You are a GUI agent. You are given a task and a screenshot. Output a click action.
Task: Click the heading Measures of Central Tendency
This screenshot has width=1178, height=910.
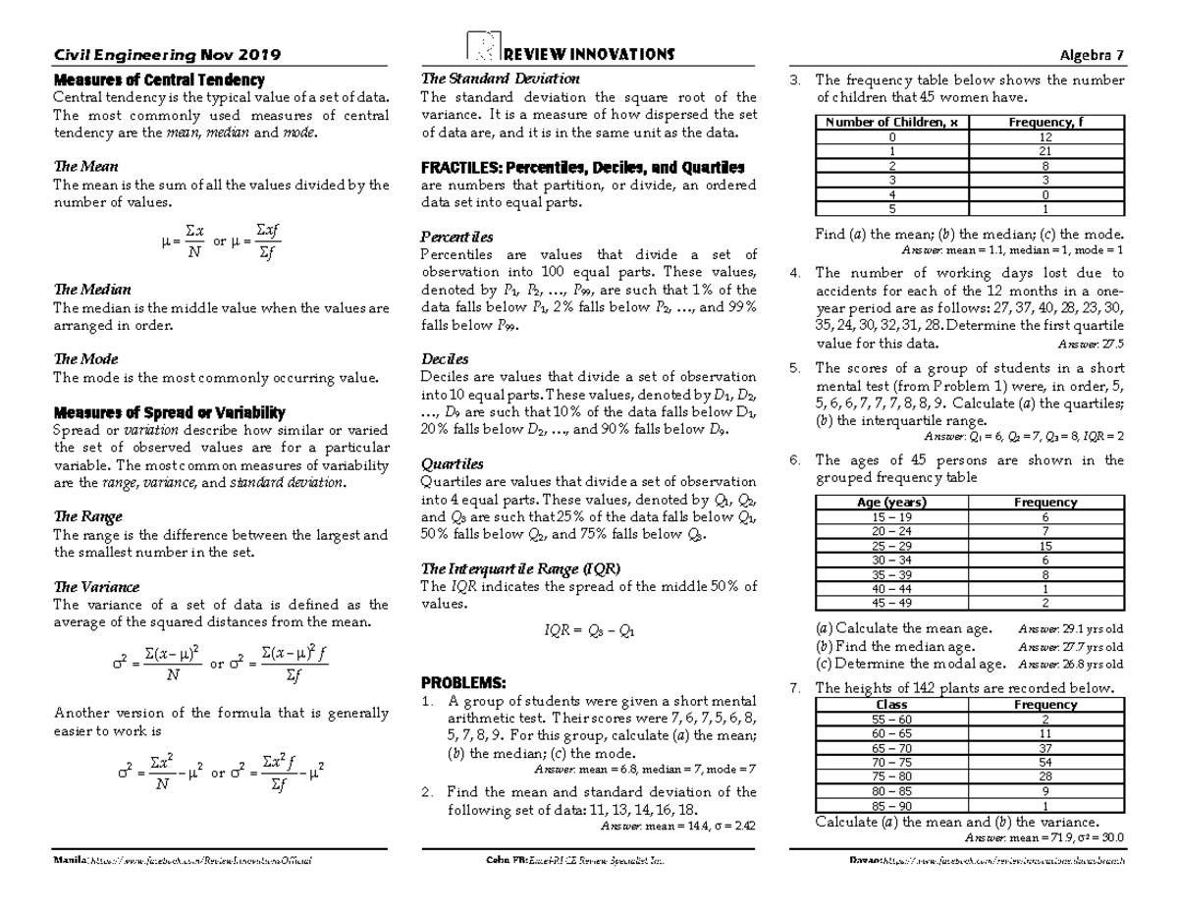pos(160,80)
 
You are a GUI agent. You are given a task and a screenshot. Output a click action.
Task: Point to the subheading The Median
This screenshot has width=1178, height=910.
pos(92,290)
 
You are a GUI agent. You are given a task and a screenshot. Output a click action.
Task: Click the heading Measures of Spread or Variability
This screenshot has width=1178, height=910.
pos(170,412)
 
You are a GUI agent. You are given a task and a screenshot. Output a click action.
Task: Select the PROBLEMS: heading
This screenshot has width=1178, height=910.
pos(463,682)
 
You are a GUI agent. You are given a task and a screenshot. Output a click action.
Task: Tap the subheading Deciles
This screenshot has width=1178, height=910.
pos(445,359)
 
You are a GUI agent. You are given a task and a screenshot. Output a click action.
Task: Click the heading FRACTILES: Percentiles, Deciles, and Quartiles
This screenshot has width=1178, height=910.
pos(582,167)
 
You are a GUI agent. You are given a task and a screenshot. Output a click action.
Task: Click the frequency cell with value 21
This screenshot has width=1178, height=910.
pos(1045,152)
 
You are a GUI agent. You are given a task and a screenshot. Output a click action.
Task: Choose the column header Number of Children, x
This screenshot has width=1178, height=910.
pos(891,122)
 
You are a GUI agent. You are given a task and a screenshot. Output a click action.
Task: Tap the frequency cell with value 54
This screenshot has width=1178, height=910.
pos(1045,761)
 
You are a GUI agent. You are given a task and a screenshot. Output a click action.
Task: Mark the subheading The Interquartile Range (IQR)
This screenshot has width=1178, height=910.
pos(520,568)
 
